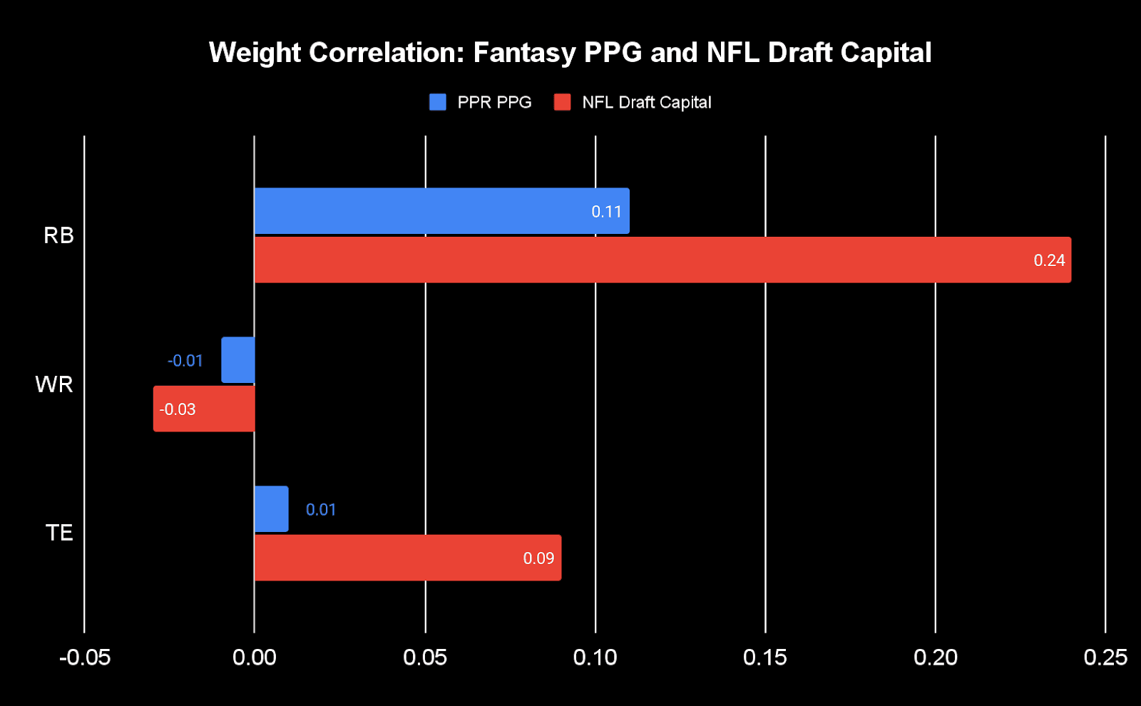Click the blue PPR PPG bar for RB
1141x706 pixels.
tap(442, 211)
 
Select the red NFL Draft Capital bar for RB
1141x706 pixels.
tap(662, 260)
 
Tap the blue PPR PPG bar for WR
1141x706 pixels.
tap(238, 360)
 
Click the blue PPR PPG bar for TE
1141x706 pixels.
tap(272, 509)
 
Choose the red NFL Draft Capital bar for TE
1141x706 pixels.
tap(408, 558)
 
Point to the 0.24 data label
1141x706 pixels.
tap(1049, 260)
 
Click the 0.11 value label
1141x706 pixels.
tap(606, 212)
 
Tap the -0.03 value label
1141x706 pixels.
tap(178, 409)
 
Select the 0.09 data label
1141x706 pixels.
tap(538, 558)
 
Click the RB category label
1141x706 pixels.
tap(58, 235)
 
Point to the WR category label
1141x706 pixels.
tap(54, 384)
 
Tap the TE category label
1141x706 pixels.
tap(59, 533)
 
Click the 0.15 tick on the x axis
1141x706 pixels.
tap(765, 657)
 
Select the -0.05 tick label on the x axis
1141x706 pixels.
tap(85, 657)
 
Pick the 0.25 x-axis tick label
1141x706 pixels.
tap(1105, 657)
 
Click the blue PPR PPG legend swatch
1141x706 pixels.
tap(438, 102)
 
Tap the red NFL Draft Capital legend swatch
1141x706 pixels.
tap(563, 102)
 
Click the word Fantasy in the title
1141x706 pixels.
tap(524, 53)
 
